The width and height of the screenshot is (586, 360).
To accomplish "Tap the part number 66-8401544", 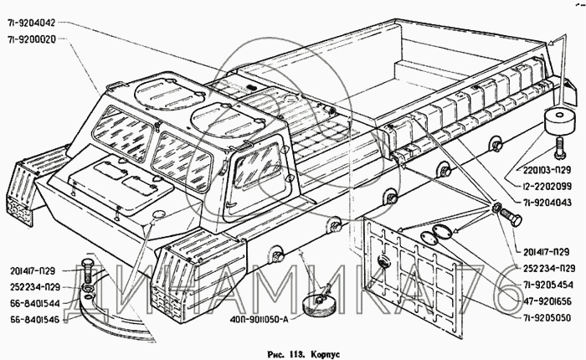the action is [x=36, y=303].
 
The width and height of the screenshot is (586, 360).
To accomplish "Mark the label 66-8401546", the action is [x=36, y=319].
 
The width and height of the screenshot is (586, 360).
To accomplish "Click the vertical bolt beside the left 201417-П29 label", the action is [x=86, y=273].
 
